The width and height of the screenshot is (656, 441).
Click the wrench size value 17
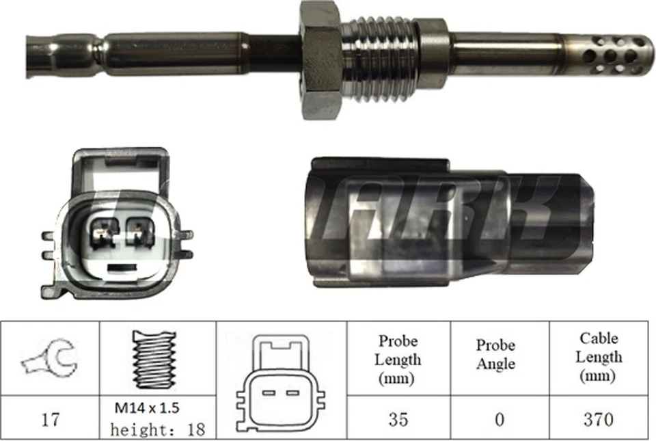(x=50, y=418)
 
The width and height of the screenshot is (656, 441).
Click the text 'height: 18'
(x=158, y=429)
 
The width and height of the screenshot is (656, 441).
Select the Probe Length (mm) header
(x=398, y=359)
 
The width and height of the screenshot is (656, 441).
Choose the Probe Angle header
(x=496, y=354)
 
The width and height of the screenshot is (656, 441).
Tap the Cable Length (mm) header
(x=599, y=356)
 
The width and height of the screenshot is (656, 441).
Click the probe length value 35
(x=398, y=418)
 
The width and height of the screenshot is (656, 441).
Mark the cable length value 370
(x=599, y=418)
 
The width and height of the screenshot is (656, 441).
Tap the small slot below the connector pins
(x=121, y=267)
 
